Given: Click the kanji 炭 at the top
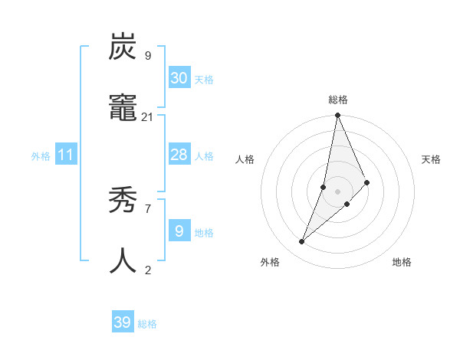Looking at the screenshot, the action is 123,47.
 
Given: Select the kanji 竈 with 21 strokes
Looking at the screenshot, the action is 123,109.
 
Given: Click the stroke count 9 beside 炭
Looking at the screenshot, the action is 147,56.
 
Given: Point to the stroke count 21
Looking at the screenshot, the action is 147,116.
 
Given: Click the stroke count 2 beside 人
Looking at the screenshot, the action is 147,270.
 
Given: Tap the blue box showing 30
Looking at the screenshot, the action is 179,78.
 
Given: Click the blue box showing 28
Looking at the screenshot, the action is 179,155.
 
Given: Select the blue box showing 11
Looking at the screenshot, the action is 66,155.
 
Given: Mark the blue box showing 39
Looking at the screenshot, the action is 122,323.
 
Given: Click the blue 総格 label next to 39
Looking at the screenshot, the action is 148,324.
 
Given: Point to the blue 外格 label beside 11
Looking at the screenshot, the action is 41,156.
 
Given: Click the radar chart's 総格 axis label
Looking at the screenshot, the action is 338,100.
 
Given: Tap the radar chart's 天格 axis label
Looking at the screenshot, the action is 432,159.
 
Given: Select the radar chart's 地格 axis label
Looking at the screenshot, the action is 402,262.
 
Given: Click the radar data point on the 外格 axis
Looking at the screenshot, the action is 302,241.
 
